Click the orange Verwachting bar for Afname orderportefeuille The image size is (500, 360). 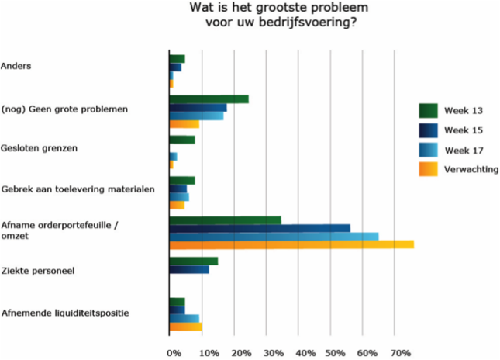point(291,244)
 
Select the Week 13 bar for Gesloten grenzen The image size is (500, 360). point(182,140)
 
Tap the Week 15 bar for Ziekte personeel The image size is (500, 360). point(189,270)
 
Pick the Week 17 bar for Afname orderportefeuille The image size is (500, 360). point(274,236)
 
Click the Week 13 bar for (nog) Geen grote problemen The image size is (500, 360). point(209,99)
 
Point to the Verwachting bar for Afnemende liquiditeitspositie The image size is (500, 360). point(185,327)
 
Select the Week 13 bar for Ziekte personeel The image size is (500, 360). point(194,261)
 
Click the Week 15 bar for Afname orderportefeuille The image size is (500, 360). point(260,227)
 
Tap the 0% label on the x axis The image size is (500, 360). point(175,353)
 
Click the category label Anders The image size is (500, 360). point(17,67)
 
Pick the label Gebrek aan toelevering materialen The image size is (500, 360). point(78,189)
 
